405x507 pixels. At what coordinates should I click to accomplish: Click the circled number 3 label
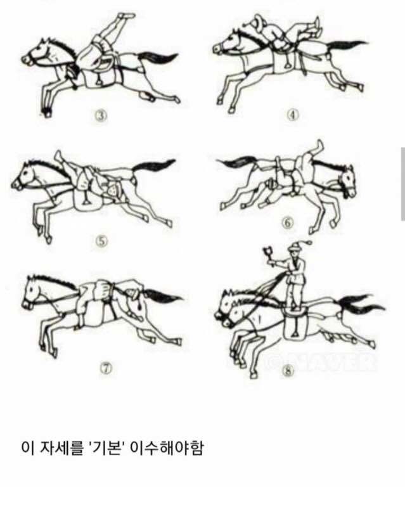pos(101,115)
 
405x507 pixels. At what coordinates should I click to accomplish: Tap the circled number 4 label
pos(293,115)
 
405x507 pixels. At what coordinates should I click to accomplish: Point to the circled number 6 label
pos(288,223)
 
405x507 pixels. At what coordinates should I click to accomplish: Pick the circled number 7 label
pos(107,368)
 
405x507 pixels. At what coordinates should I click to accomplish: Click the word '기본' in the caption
pos(106,448)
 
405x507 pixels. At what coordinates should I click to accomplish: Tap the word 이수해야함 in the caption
pos(167,448)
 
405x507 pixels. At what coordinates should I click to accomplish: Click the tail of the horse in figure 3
pos(158,59)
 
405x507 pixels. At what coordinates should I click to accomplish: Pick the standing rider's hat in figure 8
pos(295,247)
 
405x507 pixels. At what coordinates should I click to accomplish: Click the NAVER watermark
pos(320,362)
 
